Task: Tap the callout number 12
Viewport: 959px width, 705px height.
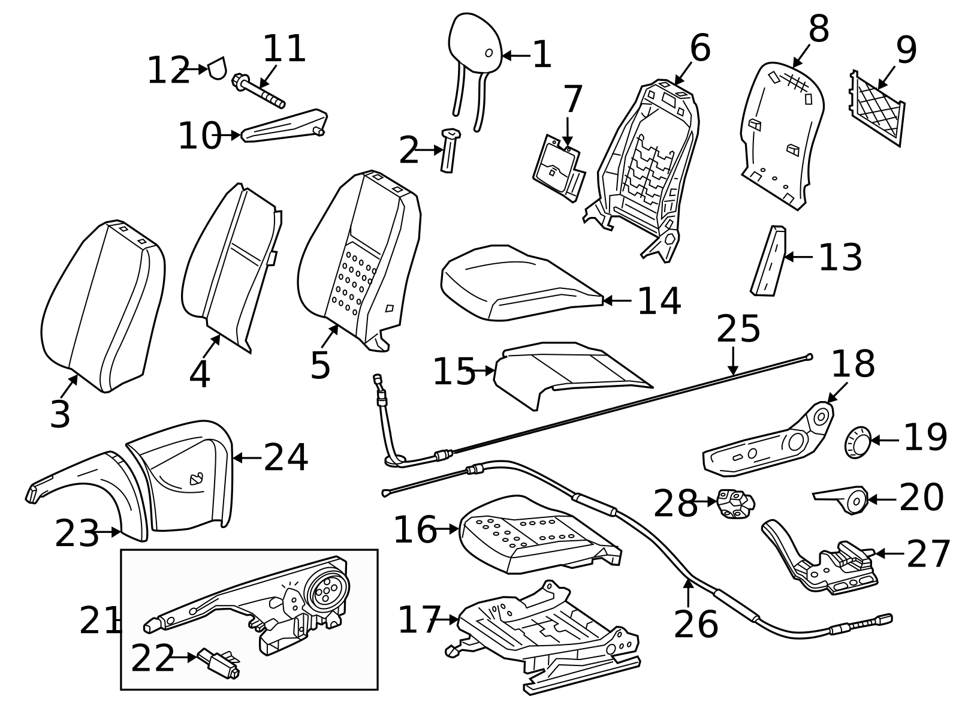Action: pos(168,71)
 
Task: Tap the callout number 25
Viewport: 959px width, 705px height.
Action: pos(738,329)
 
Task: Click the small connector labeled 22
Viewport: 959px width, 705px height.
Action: pos(219,663)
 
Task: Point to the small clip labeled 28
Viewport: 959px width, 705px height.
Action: pos(735,503)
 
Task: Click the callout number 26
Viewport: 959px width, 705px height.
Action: pos(695,625)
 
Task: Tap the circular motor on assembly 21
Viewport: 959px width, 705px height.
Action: pos(327,590)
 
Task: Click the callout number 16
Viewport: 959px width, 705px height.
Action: pos(414,530)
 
